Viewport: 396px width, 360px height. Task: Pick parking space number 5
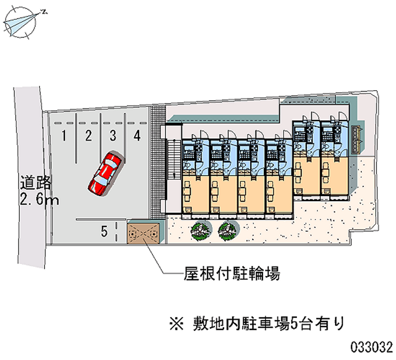pyautogui.click(x=104, y=231)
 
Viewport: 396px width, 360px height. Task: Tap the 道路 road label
pyautogui.click(x=36, y=183)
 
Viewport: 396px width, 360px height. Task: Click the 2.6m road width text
pyautogui.click(x=39, y=200)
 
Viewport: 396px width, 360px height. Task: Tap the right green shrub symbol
pyautogui.click(x=228, y=230)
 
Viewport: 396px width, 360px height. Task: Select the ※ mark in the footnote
pyautogui.click(x=177, y=324)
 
